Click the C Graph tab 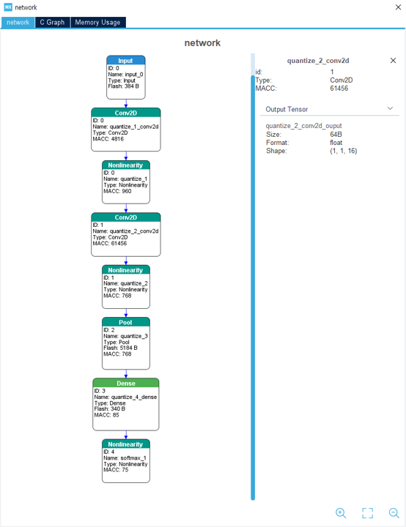tap(52, 22)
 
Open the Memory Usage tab tap(97, 22)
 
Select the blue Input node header tap(125, 61)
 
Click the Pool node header tap(125, 322)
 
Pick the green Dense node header tap(125, 383)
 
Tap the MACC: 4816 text tap(108, 139)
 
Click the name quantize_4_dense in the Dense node tap(134, 397)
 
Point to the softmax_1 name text tap(133, 457)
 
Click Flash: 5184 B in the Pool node tap(120, 348)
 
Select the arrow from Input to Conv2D tap(126, 103)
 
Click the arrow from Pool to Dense tap(126, 374)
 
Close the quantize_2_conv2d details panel tap(393, 61)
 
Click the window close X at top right tap(398, 7)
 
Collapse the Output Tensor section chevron tap(390, 108)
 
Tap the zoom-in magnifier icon tap(341, 513)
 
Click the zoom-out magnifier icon tap(394, 513)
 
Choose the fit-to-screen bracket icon tap(368, 513)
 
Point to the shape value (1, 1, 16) tap(344, 151)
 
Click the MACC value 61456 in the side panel tap(339, 89)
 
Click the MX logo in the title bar tap(8, 7)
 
